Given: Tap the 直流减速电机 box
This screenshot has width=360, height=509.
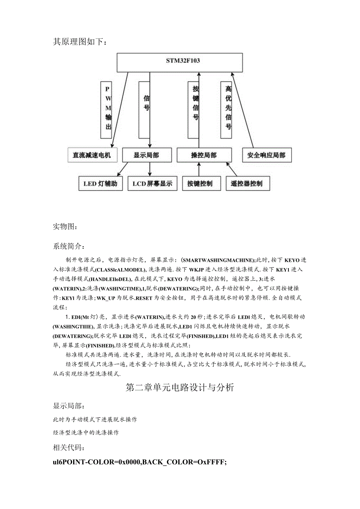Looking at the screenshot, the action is click(92, 155).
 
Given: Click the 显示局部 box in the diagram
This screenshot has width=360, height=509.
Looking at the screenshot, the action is click(146, 155).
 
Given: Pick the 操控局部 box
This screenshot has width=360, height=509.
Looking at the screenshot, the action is click(203, 155).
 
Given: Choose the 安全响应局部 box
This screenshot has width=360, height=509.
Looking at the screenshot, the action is click(266, 155).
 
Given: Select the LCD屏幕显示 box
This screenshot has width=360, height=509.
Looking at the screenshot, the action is click(152, 183).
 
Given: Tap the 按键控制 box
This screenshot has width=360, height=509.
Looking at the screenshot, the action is click(200, 183).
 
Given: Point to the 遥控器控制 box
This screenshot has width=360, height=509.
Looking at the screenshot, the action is click(247, 183).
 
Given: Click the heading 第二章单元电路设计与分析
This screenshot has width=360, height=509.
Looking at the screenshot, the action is click(180, 387).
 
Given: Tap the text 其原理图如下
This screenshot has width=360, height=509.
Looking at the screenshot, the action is click(80, 41).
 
